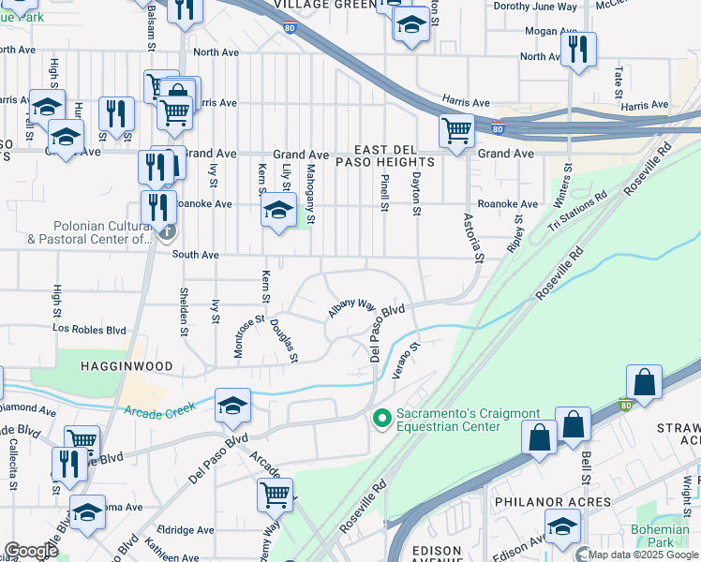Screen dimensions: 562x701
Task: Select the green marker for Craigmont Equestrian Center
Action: [380, 417]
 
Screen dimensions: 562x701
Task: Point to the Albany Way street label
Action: [351, 308]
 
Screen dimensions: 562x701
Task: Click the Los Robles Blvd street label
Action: [89, 330]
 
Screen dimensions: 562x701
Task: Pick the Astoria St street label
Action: [473, 237]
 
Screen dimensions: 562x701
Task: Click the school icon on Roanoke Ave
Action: [278, 212]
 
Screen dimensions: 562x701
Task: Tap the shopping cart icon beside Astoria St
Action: [456, 131]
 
